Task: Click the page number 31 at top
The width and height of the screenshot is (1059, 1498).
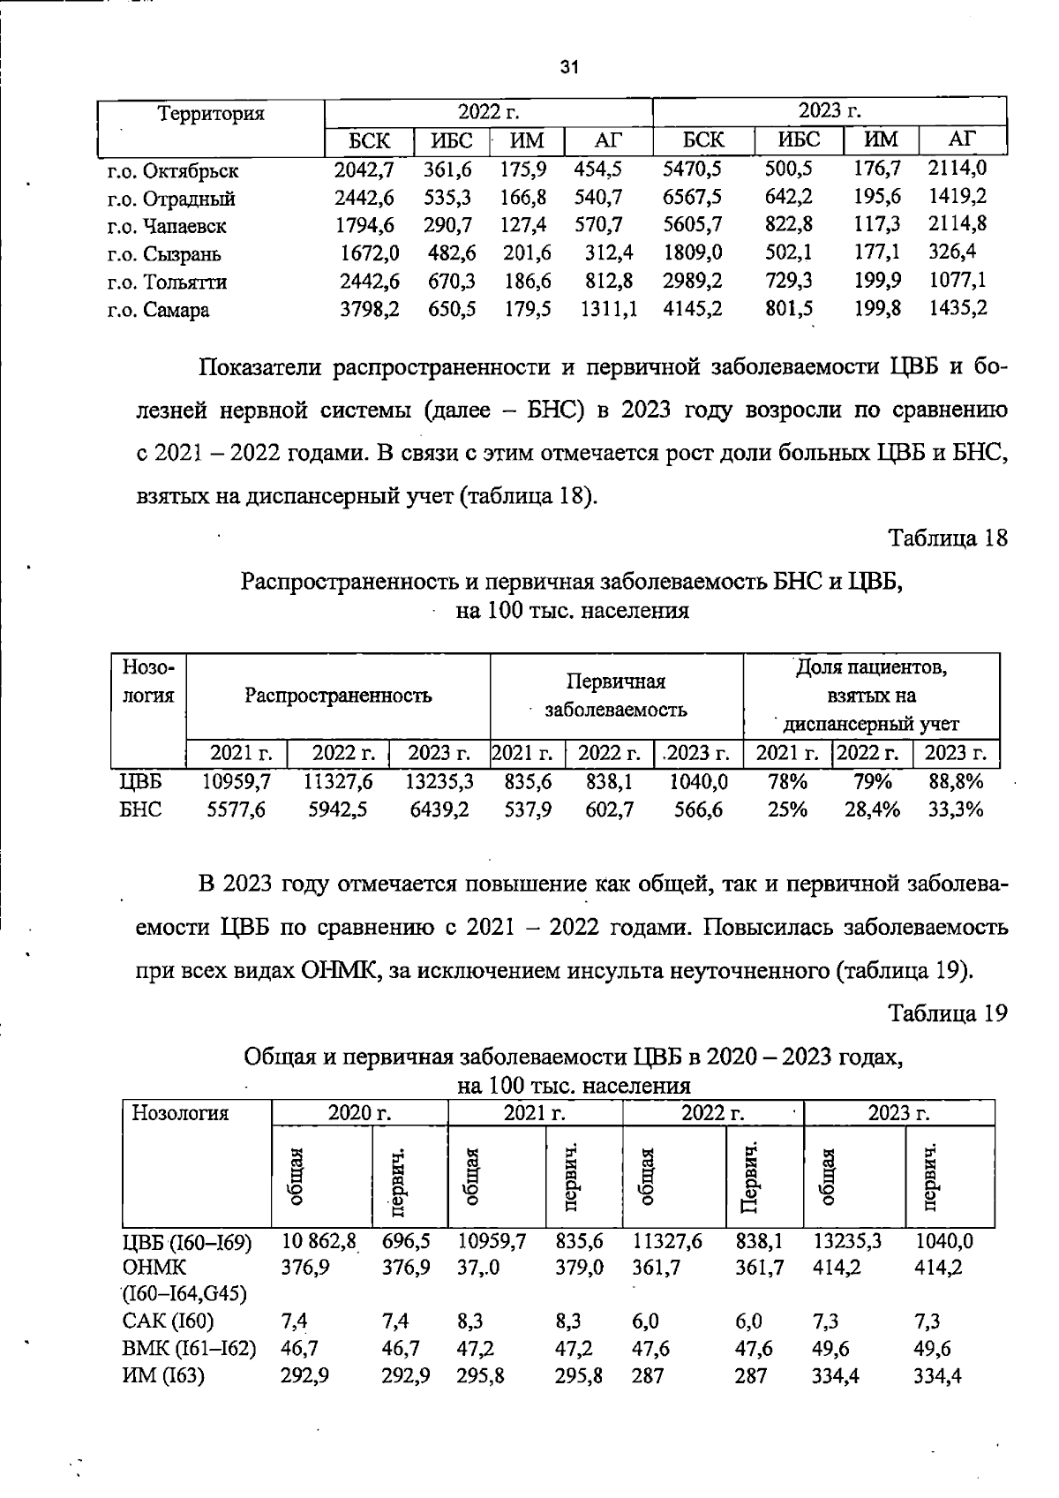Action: (569, 67)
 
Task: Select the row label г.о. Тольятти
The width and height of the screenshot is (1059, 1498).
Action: (167, 282)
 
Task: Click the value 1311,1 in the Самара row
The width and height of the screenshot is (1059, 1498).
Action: (608, 309)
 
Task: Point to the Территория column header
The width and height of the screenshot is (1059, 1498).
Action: (210, 114)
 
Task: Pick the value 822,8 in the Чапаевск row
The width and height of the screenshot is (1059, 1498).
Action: (788, 225)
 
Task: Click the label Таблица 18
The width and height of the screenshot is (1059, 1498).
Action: (947, 538)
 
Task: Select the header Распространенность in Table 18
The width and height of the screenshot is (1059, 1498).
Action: (338, 696)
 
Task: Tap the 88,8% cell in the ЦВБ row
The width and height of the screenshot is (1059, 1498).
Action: (956, 781)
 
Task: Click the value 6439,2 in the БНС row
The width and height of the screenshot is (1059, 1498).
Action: (439, 809)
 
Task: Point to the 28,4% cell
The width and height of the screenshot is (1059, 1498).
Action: (872, 809)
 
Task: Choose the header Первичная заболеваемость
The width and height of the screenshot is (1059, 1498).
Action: (616, 696)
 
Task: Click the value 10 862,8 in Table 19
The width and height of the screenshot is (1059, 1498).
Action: (319, 1241)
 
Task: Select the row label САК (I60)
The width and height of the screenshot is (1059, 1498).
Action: (168, 1321)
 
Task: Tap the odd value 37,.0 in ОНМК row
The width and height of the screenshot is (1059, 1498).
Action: (478, 1268)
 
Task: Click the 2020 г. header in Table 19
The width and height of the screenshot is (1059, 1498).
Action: (359, 1113)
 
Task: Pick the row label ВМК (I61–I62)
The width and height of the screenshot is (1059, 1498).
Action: (189, 1348)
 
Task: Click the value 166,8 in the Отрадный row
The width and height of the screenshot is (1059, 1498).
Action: (522, 197)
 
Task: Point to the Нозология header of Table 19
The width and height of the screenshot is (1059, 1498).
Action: (180, 1113)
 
